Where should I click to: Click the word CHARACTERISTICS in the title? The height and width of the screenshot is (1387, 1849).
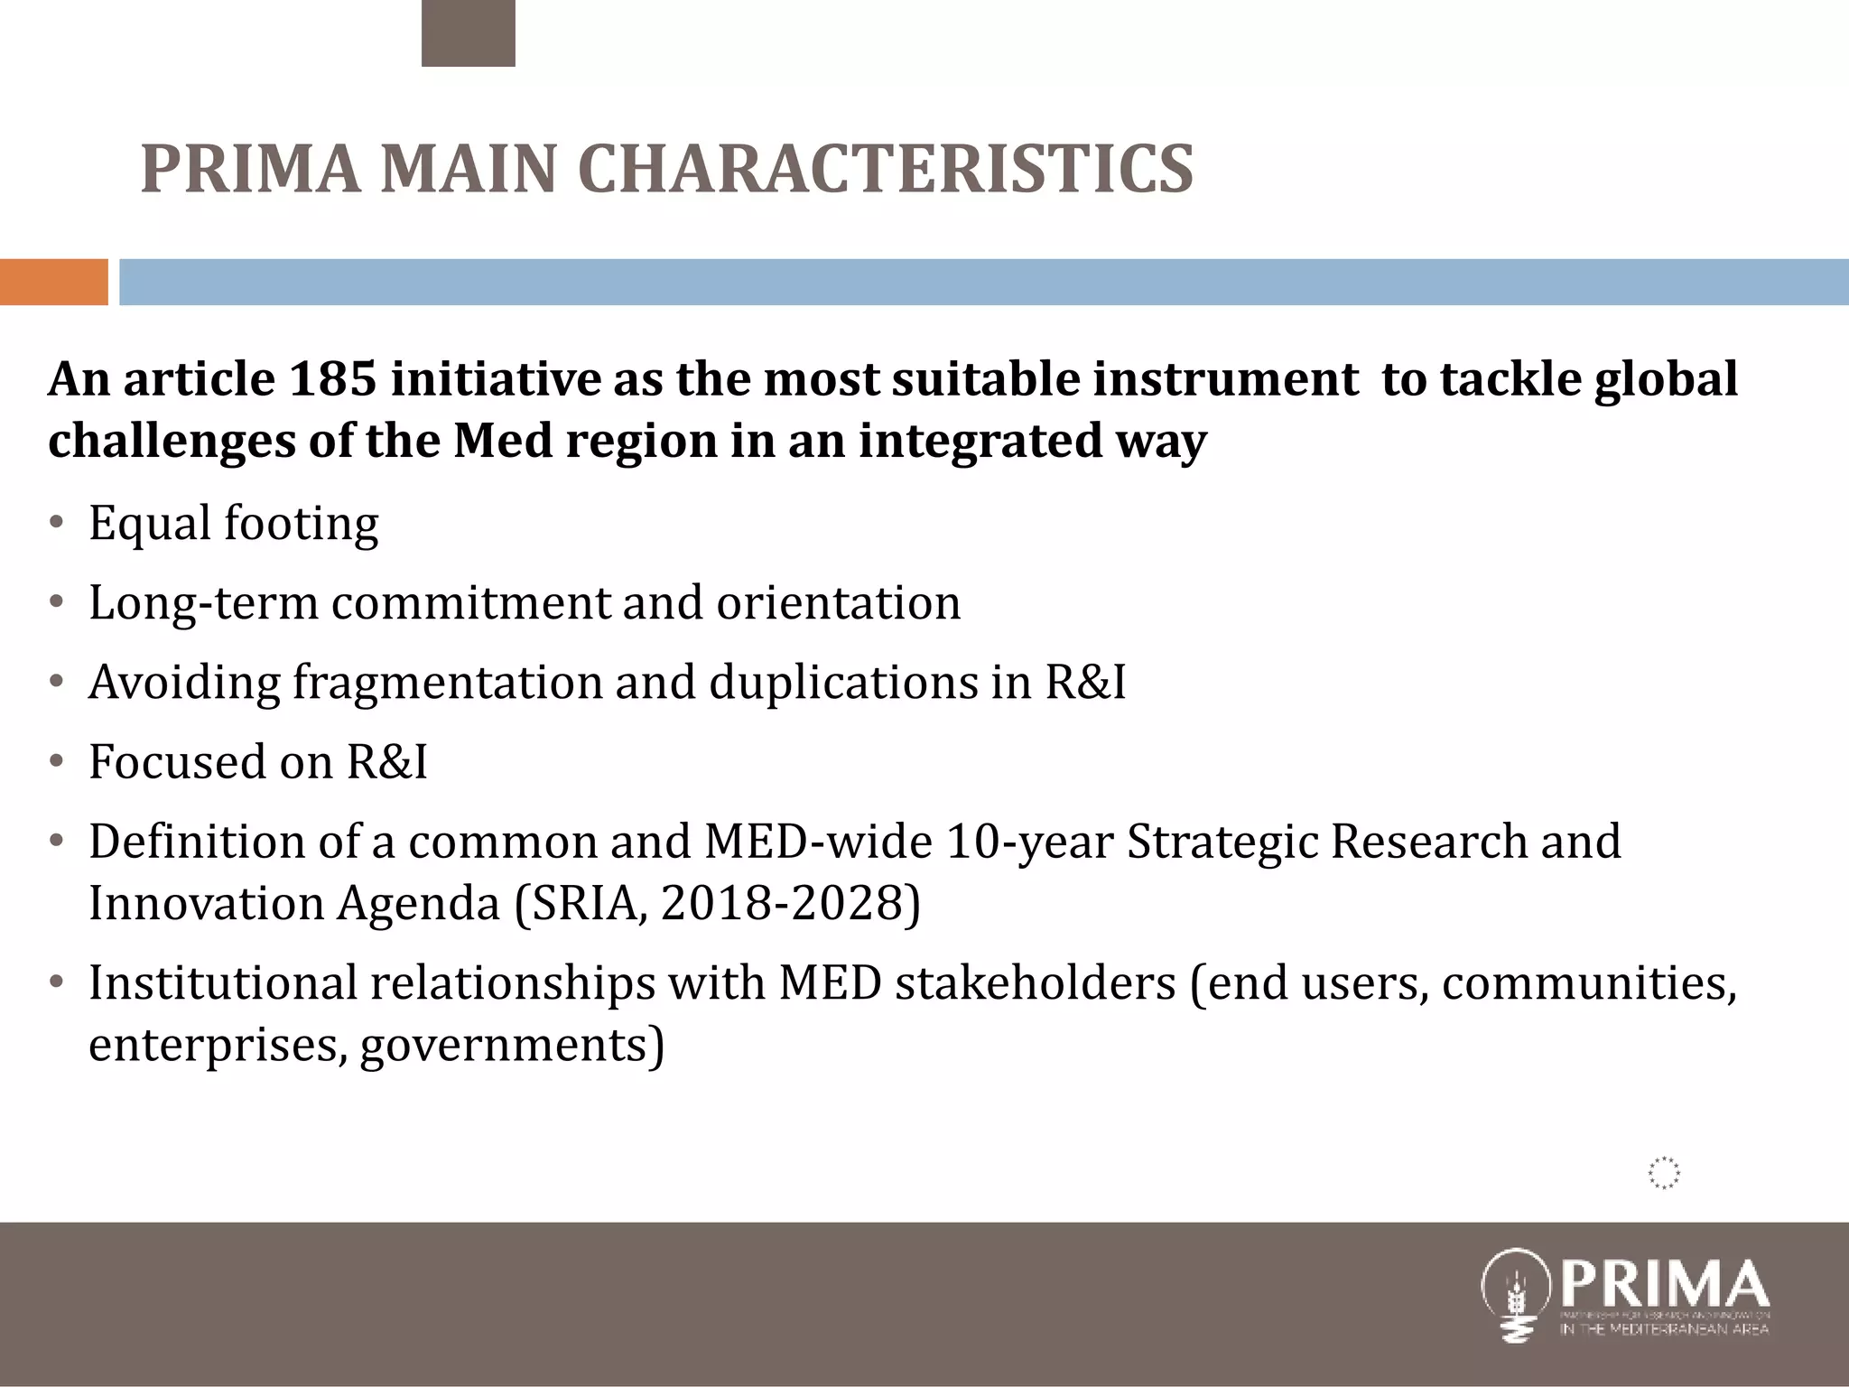[885, 169]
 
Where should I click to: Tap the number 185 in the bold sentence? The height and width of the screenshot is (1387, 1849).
[331, 379]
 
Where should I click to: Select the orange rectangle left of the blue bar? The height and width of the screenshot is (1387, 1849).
[53, 282]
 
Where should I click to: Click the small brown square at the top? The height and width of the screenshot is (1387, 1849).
[468, 33]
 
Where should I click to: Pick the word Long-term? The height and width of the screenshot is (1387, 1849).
[203, 603]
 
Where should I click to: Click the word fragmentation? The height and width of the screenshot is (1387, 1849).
[446, 682]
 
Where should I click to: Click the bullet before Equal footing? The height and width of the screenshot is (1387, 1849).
[57, 524]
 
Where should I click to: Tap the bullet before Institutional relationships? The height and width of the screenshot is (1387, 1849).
[57, 982]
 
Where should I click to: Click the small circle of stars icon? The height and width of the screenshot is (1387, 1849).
[1663, 1173]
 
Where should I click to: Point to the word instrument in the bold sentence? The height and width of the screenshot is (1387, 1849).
[1224, 379]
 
